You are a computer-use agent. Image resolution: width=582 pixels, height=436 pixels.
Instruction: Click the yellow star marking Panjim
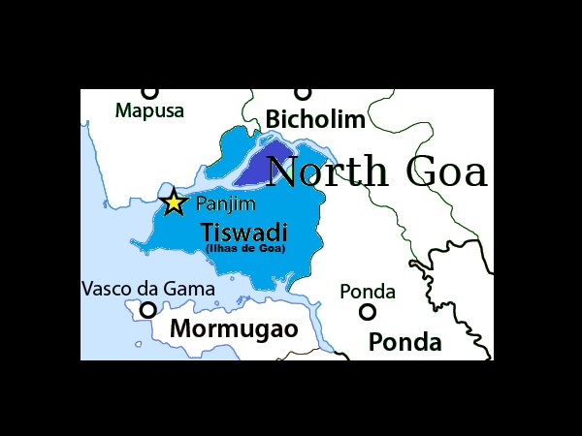[173, 202]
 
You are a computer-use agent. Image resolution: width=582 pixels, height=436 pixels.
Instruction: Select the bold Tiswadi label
[243, 233]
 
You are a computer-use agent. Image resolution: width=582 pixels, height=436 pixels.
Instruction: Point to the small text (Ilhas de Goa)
[245, 249]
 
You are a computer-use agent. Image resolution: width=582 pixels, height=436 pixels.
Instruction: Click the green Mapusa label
[149, 110]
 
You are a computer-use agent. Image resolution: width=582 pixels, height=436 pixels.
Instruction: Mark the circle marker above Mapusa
[149, 92]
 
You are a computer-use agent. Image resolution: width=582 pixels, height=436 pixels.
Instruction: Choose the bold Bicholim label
[315, 120]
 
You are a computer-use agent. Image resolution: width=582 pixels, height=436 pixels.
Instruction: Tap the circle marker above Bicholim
[304, 93]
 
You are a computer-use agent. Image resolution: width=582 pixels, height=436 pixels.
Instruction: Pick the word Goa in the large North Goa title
[447, 171]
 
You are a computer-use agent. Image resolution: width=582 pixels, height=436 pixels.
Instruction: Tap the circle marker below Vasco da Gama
[148, 310]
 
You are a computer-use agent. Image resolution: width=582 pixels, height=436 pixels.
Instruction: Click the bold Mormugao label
[234, 328]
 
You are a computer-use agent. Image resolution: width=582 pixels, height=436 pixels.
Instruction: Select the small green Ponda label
[368, 292]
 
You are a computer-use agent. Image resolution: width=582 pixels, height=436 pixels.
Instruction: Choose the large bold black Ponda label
[404, 342]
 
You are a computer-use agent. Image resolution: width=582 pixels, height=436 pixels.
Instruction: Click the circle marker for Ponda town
[368, 312]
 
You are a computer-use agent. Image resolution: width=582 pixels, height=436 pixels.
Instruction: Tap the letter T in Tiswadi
[206, 233]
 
